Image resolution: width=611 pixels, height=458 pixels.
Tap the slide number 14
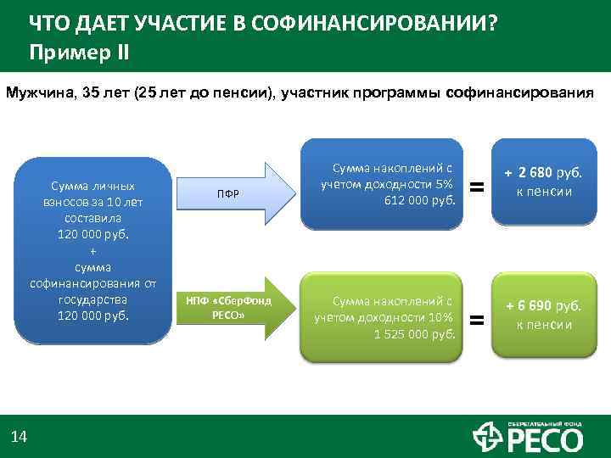19,437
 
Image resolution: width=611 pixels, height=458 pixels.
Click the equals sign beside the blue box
478,186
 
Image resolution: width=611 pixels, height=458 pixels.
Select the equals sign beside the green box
478,320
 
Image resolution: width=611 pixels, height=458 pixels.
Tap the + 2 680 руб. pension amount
543,173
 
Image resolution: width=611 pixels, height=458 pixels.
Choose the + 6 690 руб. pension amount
543,307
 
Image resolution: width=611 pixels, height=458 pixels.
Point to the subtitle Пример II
80,51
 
